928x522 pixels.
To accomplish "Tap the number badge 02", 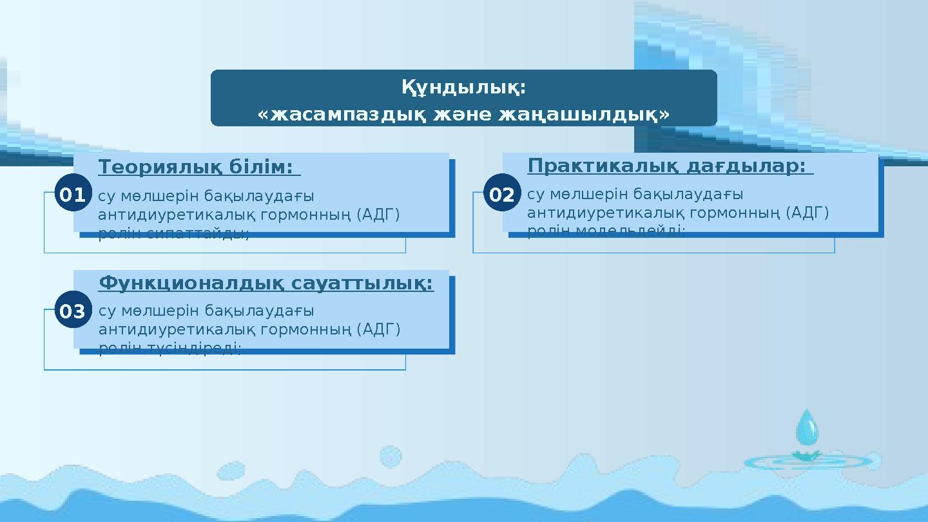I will tap(501, 194).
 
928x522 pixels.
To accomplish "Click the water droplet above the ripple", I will tap(807, 427).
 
